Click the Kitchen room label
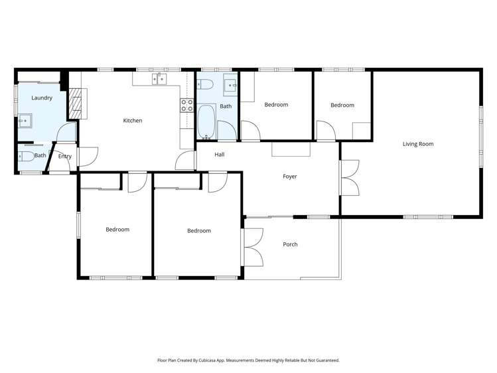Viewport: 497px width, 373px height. [133, 120]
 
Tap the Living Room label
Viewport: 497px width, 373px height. [418, 143]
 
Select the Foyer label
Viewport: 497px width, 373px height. [290, 177]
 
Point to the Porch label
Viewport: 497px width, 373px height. [290, 244]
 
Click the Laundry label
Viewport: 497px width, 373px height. [42, 98]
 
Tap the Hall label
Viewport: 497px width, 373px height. [220, 155]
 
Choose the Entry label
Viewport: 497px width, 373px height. [64, 157]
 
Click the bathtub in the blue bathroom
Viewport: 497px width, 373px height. [206, 123]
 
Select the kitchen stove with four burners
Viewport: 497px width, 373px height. [186, 105]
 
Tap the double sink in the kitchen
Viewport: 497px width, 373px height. [159, 80]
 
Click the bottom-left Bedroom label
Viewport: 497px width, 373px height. [117, 230]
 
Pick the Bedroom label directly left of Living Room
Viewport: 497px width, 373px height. [342, 105]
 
